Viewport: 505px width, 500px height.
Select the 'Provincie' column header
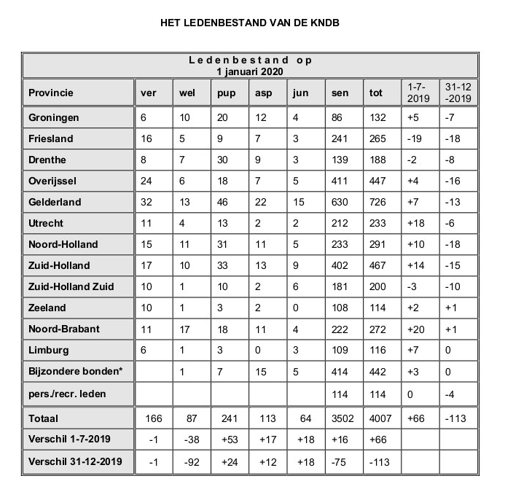point(52,93)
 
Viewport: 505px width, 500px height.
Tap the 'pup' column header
point(225,93)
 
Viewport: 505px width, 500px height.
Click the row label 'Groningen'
point(54,117)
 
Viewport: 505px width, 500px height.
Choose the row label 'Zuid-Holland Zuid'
point(71,286)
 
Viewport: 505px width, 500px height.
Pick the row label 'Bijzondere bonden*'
point(75,371)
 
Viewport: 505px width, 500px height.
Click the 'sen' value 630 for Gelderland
point(340,201)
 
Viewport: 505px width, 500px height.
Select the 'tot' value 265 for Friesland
point(377,138)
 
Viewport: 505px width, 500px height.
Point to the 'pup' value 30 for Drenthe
point(223,159)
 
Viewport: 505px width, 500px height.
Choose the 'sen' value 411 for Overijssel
point(340,180)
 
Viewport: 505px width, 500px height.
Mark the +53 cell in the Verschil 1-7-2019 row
point(227,440)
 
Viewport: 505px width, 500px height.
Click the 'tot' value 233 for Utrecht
point(377,222)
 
